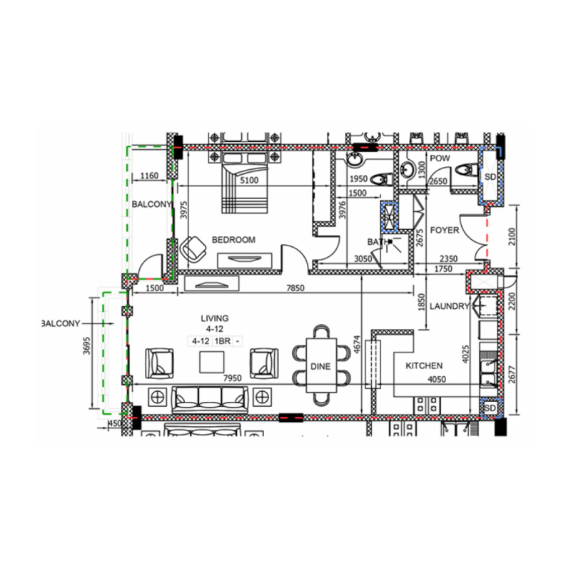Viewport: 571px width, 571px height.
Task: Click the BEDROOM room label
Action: coord(233,240)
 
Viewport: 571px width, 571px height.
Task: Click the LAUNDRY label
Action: coord(450,306)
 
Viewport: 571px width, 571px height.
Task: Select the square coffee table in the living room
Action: coord(213,363)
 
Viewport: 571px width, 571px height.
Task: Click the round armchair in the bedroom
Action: coord(193,248)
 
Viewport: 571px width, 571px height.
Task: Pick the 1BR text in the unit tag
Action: coord(222,341)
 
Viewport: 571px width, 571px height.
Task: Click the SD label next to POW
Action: coord(490,176)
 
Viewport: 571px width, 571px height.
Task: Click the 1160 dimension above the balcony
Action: coord(149,176)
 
